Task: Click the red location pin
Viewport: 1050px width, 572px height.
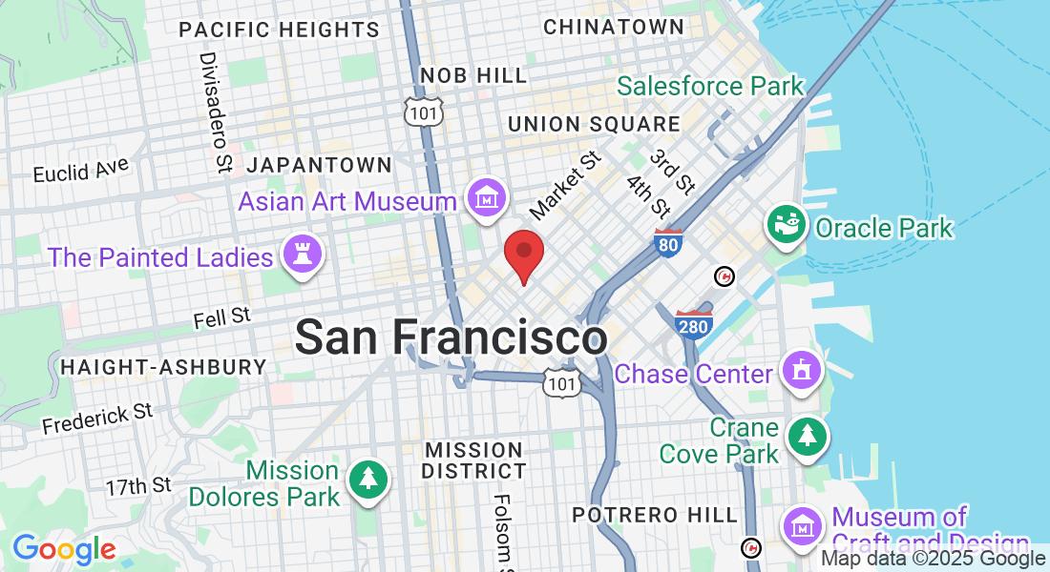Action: (x=523, y=253)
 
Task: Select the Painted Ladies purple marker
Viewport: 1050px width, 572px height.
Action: (x=303, y=255)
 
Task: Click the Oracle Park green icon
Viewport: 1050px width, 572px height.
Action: (x=788, y=226)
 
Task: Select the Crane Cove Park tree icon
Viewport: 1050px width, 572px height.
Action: (x=808, y=437)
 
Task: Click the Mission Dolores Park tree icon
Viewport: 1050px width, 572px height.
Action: (x=367, y=480)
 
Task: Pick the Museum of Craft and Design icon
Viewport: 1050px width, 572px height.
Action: (x=804, y=525)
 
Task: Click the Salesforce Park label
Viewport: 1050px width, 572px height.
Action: (x=710, y=86)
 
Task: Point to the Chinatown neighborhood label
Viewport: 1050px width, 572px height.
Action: (x=614, y=28)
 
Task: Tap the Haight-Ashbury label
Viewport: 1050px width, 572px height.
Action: (x=163, y=367)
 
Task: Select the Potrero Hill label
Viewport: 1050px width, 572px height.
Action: (x=655, y=515)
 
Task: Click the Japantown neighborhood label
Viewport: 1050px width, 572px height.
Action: (x=319, y=165)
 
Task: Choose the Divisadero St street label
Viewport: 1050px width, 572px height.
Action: (x=216, y=112)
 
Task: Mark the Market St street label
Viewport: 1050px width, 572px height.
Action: (x=565, y=183)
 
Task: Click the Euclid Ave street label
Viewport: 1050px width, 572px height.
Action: (x=80, y=171)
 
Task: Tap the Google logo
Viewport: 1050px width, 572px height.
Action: (x=64, y=549)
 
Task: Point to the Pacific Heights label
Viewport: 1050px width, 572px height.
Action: (x=279, y=30)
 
